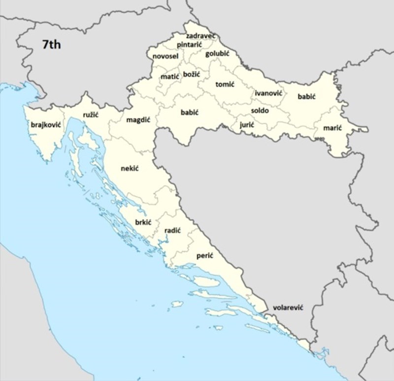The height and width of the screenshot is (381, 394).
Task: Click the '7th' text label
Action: pyautogui.click(x=51, y=45)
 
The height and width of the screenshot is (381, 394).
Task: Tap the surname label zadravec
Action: pyautogui.click(x=200, y=36)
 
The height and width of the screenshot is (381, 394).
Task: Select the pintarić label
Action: pyautogui.click(x=189, y=45)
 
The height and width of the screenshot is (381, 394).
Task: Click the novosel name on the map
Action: pyautogui.click(x=165, y=57)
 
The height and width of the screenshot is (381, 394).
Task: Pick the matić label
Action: pyautogui.click(x=170, y=77)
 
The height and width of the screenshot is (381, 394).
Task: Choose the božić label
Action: pyautogui.click(x=192, y=74)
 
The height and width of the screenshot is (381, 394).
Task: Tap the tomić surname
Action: pyautogui.click(x=225, y=84)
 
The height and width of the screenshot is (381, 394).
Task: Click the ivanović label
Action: pyautogui.click(x=268, y=93)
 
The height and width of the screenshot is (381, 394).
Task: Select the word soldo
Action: pyautogui.click(x=260, y=111)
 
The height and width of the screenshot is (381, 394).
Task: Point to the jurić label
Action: pyautogui.click(x=247, y=125)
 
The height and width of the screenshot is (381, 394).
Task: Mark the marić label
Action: pyautogui.click(x=332, y=128)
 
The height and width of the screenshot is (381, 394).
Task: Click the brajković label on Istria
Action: pyautogui.click(x=45, y=125)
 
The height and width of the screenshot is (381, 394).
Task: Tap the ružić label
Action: pyautogui.click(x=91, y=115)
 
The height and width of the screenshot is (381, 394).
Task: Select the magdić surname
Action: pyautogui.click(x=138, y=120)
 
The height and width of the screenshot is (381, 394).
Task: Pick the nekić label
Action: pyautogui.click(x=130, y=169)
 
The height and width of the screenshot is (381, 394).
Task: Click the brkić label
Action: pyautogui.click(x=143, y=222)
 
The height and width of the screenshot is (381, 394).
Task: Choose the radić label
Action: pyautogui.click(x=172, y=230)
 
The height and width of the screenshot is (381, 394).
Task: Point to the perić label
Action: pyautogui.click(x=204, y=256)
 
